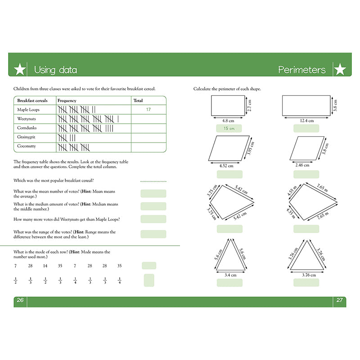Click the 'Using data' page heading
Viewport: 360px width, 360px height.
pyautogui.click(x=55, y=70)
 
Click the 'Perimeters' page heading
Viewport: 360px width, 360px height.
pyautogui.click(x=301, y=70)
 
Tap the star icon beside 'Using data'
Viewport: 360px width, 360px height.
pyautogui.click(x=20, y=70)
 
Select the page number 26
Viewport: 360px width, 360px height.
pyautogui.click(x=19, y=301)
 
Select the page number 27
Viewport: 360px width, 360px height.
pyautogui.click(x=340, y=301)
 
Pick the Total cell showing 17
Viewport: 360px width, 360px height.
pyautogui.click(x=148, y=109)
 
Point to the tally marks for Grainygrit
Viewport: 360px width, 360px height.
pyautogui.click(x=67, y=137)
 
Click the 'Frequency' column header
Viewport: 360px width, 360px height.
pyautogui.click(x=67, y=100)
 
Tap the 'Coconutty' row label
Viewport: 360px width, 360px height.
pyautogui.click(x=27, y=146)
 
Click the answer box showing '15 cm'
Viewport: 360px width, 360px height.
pyautogui.click(x=229, y=129)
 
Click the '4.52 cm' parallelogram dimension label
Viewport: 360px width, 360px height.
pyautogui.click(x=226, y=166)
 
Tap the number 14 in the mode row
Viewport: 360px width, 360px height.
pyautogui.click(x=45, y=266)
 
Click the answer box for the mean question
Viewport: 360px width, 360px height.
pyautogui.click(x=153, y=193)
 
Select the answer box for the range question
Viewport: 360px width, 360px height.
pyautogui.click(x=153, y=234)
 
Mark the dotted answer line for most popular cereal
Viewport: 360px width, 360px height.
pyautogui.click(x=153, y=181)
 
